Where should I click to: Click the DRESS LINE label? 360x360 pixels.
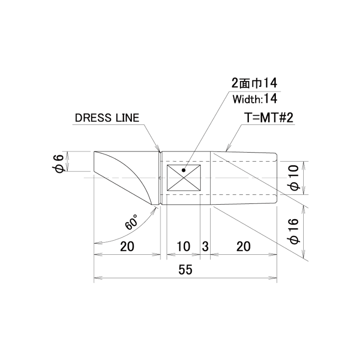(107, 118)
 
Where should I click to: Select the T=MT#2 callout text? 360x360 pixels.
(270, 118)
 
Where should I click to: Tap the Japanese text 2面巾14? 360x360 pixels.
(254, 83)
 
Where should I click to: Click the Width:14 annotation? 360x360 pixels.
(255, 99)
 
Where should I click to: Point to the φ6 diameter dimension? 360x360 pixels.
(58, 164)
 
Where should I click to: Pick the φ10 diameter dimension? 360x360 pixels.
(295, 178)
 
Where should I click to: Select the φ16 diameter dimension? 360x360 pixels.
(295, 231)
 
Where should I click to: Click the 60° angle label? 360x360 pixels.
(131, 222)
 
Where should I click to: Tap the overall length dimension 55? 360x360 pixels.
(185, 270)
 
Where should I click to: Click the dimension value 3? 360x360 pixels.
(205, 246)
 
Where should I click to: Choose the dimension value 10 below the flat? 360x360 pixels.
(184, 246)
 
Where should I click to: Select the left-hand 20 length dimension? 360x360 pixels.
(127, 246)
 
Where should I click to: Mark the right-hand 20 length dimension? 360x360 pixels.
(243, 246)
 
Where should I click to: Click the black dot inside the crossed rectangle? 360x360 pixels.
(183, 170)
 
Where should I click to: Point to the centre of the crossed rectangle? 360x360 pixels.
(184, 178)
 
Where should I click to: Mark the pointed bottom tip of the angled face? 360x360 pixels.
(152, 205)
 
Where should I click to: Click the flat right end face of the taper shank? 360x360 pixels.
(277, 178)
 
